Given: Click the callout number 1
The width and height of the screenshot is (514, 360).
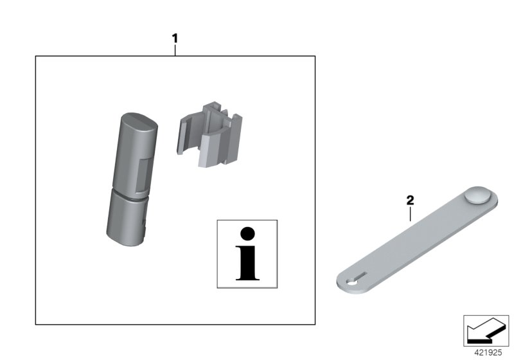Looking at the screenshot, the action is pyautogui.click(x=175, y=39).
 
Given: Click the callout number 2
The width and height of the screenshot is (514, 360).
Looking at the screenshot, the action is pyautogui.click(x=410, y=201).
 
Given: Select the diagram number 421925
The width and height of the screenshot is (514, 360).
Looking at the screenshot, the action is pyautogui.click(x=488, y=353).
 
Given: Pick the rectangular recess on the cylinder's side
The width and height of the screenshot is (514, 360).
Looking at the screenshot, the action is pyautogui.click(x=144, y=175).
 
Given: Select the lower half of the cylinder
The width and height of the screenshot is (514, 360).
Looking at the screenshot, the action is pyautogui.click(x=127, y=219).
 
